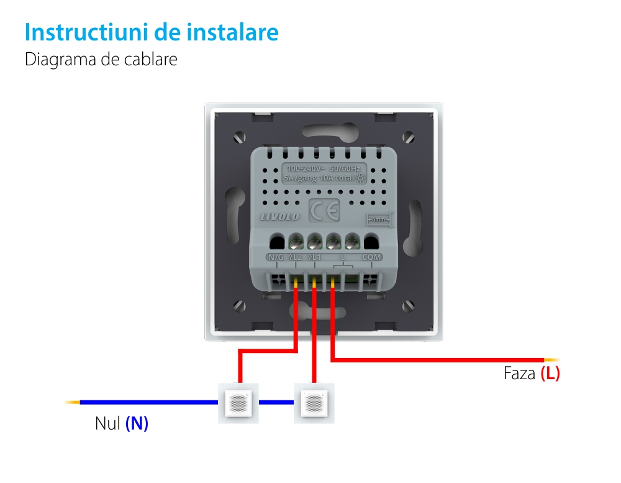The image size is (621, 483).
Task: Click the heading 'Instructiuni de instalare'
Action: [152, 32]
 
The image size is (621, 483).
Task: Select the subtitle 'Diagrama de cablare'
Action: [101, 60]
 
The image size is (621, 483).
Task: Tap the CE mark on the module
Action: [324, 211]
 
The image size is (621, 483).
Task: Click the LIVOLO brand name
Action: [279, 216]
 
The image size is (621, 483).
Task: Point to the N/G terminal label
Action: [275, 257]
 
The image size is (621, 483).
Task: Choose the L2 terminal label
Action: [296, 257]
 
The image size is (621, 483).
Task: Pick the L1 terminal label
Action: [314, 257]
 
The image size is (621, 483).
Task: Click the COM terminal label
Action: [372, 257]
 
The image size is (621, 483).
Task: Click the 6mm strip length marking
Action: [378, 219]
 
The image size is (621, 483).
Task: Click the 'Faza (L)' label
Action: [532, 374]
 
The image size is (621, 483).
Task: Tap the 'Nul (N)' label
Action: [122, 424]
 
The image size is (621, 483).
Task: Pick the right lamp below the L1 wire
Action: [313, 403]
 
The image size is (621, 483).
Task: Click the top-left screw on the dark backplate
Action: [240, 136]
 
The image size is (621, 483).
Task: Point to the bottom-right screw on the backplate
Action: [408, 305]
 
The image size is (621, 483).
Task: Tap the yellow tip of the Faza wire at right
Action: [552, 360]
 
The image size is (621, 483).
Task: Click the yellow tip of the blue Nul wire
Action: [72, 402]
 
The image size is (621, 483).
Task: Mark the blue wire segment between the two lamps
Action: [276, 402]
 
